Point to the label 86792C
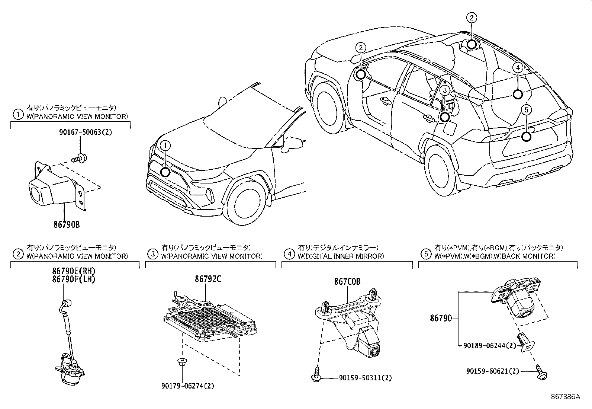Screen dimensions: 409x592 207,279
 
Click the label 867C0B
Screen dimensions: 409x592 347,282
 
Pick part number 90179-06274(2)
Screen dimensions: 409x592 187,386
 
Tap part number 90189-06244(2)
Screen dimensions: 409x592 489,345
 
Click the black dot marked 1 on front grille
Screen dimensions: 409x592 165,172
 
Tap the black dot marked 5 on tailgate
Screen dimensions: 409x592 526,137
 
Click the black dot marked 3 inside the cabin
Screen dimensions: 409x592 445,117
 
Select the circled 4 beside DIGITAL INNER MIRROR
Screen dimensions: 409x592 289,254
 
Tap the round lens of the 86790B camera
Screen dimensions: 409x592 36,194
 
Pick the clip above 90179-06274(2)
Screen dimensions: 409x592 182,361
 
